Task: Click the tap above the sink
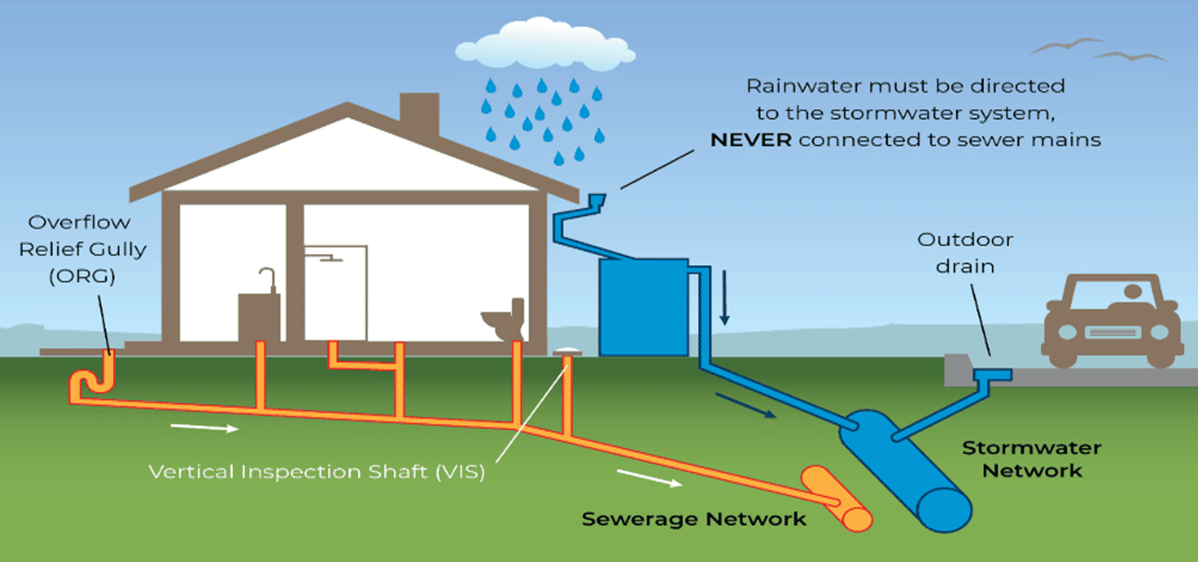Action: point(269,278)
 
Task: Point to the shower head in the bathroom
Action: point(330,257)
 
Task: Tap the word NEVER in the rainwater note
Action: point(751,140)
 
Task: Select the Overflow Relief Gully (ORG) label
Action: point(82,249)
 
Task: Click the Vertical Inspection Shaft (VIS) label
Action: point(316,471)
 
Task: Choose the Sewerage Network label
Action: point(693,519)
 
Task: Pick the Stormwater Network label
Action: point(1031,459)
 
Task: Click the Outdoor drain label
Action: point(965,253)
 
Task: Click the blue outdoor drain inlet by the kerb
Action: point(992,375)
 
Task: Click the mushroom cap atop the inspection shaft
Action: point(567,352)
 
